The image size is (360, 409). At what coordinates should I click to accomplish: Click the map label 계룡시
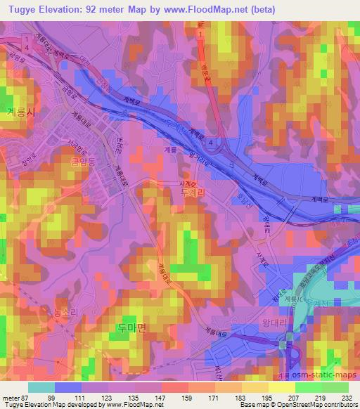19,111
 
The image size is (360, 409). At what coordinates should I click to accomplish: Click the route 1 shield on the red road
200,32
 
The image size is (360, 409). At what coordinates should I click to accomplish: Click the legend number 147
160,396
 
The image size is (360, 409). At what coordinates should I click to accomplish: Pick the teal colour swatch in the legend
41,387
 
